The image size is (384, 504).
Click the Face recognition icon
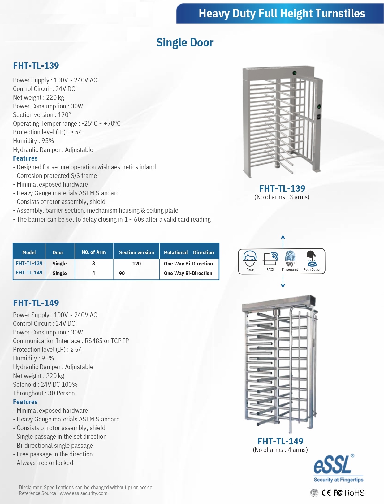tap(250, 259)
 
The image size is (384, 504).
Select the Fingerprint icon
tap(290, 258)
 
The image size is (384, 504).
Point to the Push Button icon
tap(312, 259)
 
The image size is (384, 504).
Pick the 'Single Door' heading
tap(185, 42)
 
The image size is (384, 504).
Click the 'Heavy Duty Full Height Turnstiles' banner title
tap(282, 13)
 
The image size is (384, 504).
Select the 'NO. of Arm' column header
tap(93, 252)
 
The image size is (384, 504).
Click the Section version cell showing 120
tap(136, 264)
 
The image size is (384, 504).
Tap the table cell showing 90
tap(122, 273)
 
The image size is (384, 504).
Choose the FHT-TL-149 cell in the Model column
tap(29, 273)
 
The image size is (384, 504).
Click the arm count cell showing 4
tap(93, 273)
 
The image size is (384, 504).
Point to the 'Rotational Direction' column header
tap(189, 252)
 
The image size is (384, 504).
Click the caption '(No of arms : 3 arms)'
tap(282, 197)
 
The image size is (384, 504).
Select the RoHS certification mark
tap(354, 493)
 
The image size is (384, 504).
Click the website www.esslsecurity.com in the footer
tap(84, 493)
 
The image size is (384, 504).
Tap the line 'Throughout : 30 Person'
tap(44, 393)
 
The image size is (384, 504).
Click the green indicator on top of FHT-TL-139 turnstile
tap(295, 73)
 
